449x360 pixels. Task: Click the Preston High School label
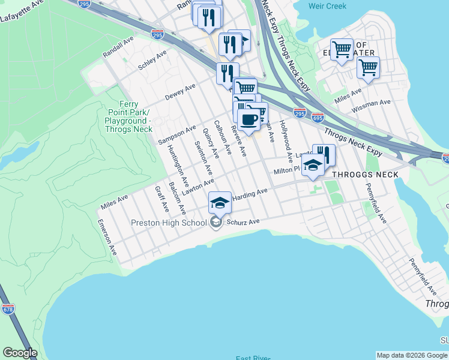pyautogui.click(x=169, y=223)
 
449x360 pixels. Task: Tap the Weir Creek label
pyautogui.click(x=328, y=6)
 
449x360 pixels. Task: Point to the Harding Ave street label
pyautogui.click(x=250, y=194)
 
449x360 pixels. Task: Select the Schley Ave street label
pyautogui.click(x=152, y=61)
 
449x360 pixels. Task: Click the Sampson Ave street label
pyautogui.click(x=177, y=134)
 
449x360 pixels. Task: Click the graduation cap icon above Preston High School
pyautogui.click(x=220, y=202)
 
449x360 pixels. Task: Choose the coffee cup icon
pyautogui.click(x=248, y=118)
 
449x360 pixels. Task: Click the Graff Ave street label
pyautogui.click(x=161, y=198)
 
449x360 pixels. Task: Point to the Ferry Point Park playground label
pyautogui.click(x=129, y=116)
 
